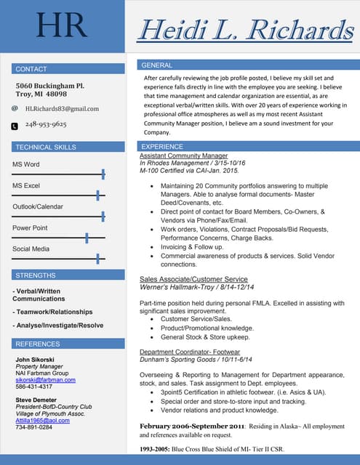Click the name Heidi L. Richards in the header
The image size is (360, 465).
[246, 30]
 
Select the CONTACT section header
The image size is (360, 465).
[31, 69]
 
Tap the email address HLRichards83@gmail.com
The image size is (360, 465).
[62, 108]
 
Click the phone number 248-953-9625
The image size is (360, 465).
[46, 125]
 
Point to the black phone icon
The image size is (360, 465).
[15, 126]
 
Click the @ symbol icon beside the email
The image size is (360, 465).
[15, 108]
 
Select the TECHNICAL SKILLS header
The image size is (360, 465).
[45, 147]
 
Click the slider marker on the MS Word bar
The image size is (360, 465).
[103, 174]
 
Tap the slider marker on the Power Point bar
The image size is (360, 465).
[87, 238]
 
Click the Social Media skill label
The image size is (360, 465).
[31, 249]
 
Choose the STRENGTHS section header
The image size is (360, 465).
[35, 275]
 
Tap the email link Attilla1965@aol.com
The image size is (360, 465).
[43, 420]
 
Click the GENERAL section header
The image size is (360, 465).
[156, 65]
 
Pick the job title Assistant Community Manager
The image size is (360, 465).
[183, 155]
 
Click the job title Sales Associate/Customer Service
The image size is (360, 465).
[193, 279]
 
